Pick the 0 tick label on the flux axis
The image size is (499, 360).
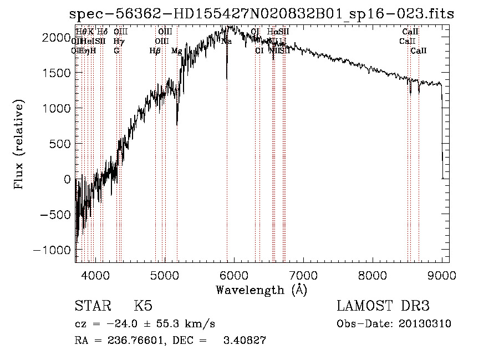pos(68,179)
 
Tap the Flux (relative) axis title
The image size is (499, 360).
pos(19,144)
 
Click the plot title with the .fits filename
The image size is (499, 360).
pos(258,14)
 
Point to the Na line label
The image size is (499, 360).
pos(226,41)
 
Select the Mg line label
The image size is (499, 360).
pos(176,51)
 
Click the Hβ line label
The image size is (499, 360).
pos(155,51)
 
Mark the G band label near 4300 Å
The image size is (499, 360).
pos(116,51)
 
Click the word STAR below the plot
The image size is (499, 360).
pos(92,306)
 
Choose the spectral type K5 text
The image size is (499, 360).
pos(143,306)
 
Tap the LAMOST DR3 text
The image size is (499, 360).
pos(383,306)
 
